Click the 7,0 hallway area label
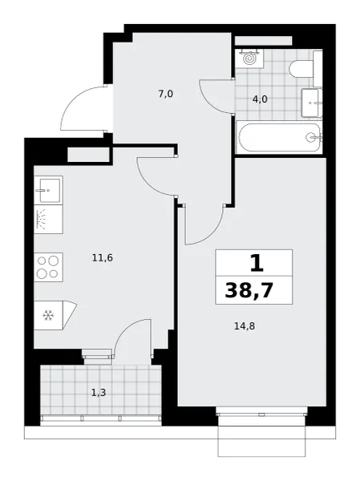click(166, 94)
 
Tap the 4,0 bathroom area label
click(260, 99)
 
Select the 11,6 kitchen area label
click(103, 258)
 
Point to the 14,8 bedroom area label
click(245, 326)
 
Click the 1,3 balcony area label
click(99, 392)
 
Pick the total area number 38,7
click(249, 290)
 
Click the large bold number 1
click(257, 263)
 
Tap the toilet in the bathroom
click(301, 69)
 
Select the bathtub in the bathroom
click(279, 137)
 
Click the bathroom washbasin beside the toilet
click(312, 103)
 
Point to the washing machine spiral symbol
click(249, 59)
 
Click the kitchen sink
click(48, 190)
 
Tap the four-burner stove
click(48, 267)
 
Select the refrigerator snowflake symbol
click(48, 315)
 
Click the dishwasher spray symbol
click(42, 219)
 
